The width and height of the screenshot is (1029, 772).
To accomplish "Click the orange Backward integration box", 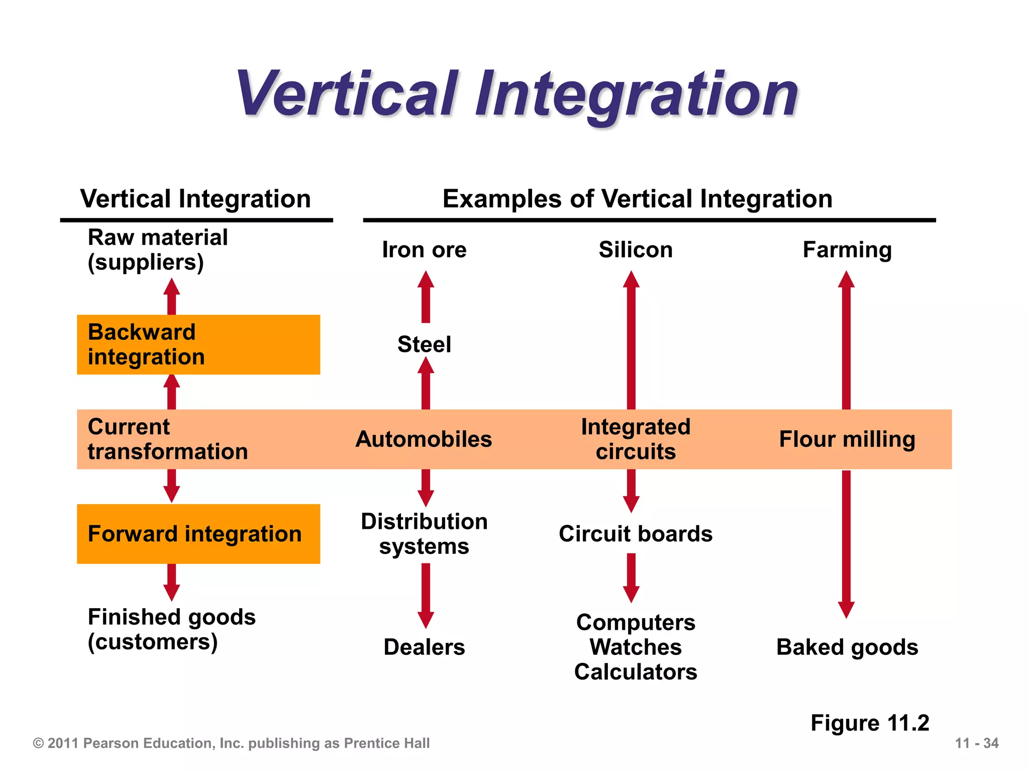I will (x=198, y=345).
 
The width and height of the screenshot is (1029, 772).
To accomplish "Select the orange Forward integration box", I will (x=198, y=534).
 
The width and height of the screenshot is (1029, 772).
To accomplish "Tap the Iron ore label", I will (x=424, y=250).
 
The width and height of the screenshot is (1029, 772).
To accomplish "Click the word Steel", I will (x=424, y=345).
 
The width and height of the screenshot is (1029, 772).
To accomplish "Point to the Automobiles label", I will (x=424, y=439).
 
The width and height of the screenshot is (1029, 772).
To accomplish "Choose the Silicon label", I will (x=636, y=250).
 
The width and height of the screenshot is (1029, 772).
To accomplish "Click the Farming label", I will (x=847, y=250).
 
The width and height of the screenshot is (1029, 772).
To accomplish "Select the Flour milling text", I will (x=847, y=439).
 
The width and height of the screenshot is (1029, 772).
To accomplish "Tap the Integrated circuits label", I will (x=636, y=439).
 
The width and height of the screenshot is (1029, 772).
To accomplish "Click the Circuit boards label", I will (x=636, y=534).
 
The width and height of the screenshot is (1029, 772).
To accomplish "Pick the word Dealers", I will (x=424, y=647).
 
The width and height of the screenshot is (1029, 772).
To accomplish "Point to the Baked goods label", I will (x=847, y=647).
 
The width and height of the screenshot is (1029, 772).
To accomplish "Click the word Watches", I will (x=636, y=647).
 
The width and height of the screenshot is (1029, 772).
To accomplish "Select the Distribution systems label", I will (x=424, y=534).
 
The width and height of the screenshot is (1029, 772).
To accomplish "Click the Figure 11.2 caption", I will (x=870, y=723).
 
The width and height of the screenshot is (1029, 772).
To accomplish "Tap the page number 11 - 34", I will (x=976, y=743).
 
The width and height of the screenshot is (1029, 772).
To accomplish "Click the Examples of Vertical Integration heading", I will (x=637, y=199).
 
